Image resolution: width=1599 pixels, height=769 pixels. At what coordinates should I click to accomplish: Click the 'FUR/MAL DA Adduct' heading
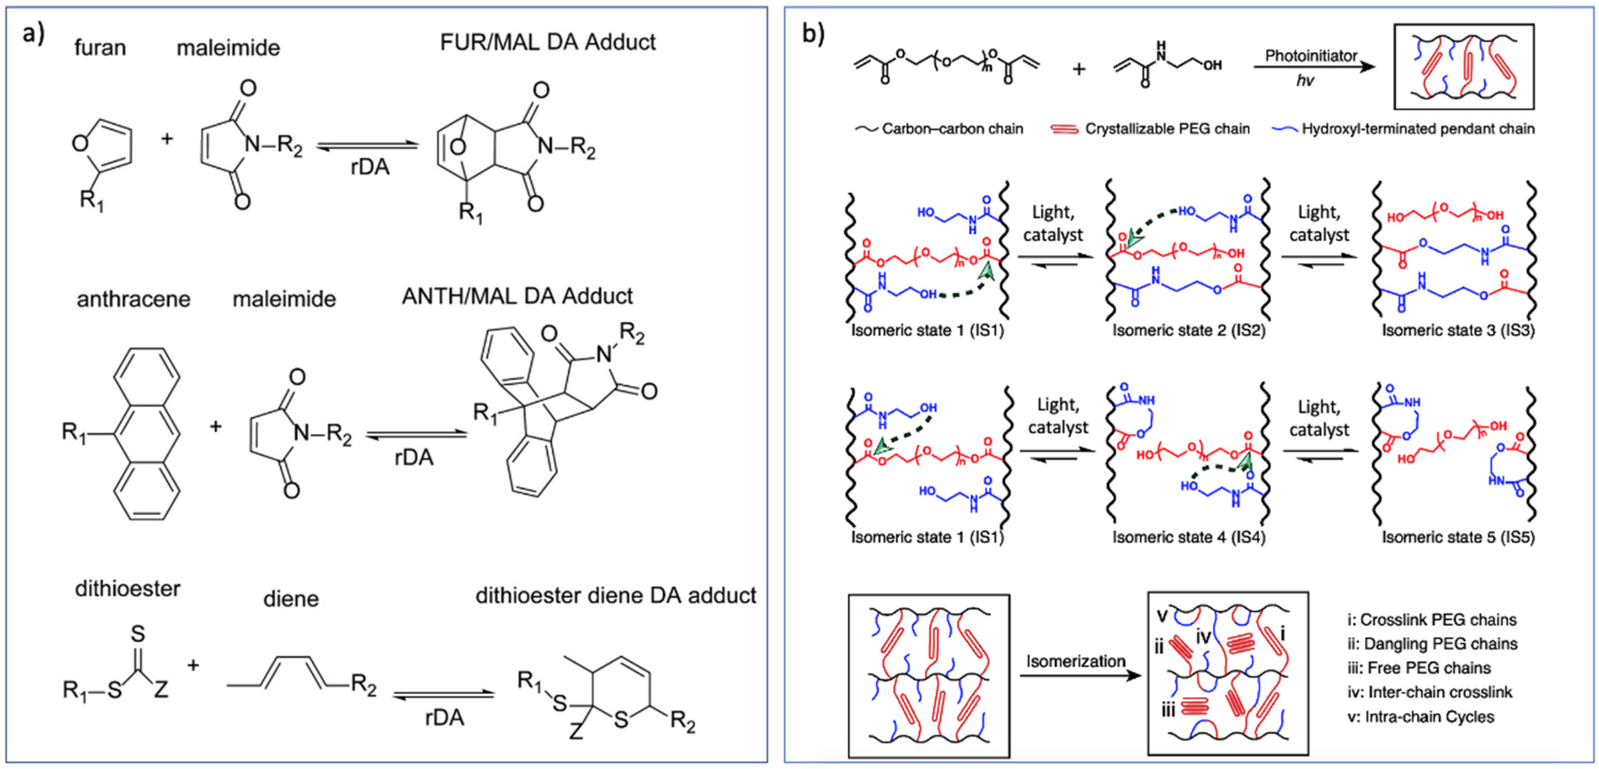547,42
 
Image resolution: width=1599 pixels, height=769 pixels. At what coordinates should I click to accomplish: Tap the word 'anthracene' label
134,299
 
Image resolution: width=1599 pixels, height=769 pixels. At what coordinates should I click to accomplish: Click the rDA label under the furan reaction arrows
370,167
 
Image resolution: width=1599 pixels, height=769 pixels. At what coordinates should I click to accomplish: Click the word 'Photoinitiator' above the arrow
1311,56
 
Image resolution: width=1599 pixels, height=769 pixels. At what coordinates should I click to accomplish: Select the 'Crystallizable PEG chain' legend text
1167,129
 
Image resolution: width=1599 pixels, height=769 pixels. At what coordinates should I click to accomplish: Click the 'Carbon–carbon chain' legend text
952,129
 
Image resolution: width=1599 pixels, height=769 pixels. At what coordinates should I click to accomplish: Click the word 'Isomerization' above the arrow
1076,661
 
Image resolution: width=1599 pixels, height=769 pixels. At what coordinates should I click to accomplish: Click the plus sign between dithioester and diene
193,665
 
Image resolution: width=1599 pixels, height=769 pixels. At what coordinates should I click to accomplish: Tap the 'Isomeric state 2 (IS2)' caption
1188,330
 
